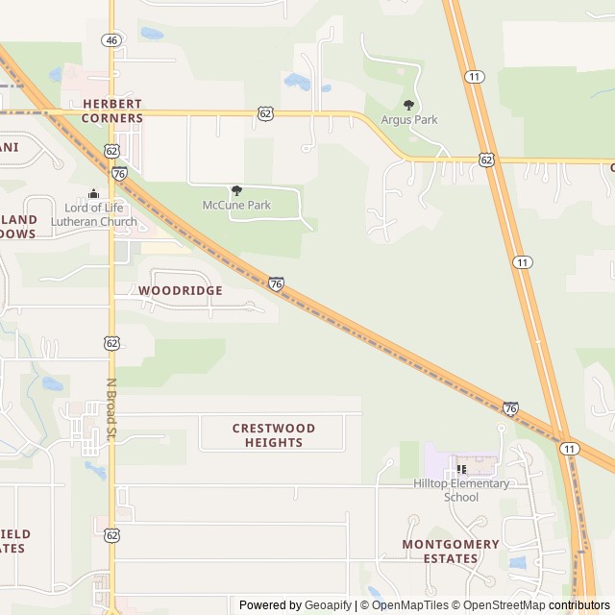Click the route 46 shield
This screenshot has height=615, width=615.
(111, 40)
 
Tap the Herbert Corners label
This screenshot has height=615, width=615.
(112, 111)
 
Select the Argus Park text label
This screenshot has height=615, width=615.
(409, 120)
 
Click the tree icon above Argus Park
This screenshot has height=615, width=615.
(409, 105)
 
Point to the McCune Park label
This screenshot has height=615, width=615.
(236, 206)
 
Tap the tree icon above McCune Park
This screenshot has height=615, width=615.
(236, 190)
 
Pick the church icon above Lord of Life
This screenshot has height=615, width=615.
(93, 193)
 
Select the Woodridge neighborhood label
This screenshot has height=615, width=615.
(180, 290)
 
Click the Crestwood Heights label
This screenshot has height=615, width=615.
(274, 435)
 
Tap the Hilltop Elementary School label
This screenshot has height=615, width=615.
(461, 490)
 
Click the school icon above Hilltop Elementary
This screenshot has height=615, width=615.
(461, 469)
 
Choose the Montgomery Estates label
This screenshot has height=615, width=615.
(451, 551)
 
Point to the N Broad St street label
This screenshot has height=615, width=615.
(111, 408)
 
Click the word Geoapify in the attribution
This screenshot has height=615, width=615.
(328, 605)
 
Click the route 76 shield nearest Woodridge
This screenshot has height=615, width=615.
(276, 284)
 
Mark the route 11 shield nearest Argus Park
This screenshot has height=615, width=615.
(473, 76)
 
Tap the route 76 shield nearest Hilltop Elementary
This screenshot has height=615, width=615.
(510, 408)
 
